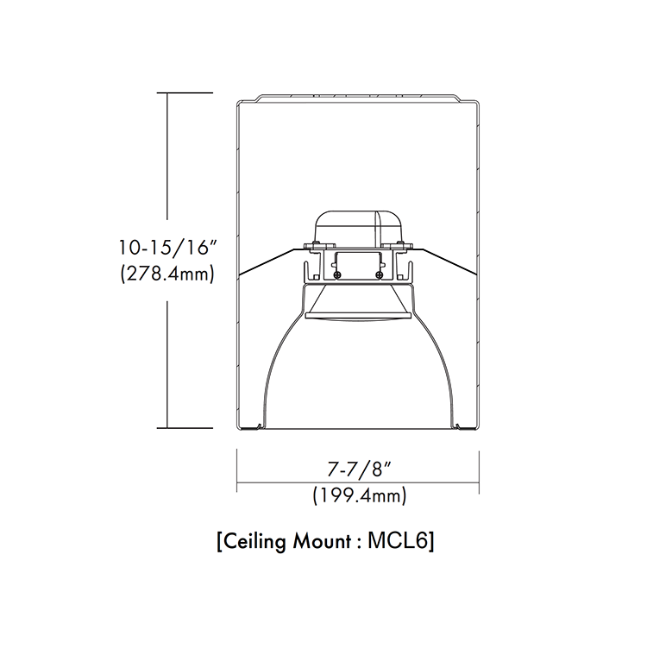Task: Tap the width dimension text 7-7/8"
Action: tap(357, 470)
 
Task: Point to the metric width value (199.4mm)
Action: tap(357, 495)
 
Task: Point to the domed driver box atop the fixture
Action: tap(357, 225)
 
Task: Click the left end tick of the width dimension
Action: tap(237, 470)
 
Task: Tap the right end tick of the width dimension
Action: tap(479, 470)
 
